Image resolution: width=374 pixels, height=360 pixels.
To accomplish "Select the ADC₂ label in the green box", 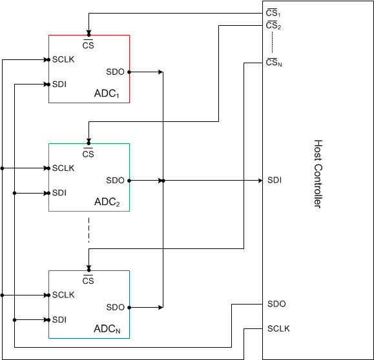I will (107, 203).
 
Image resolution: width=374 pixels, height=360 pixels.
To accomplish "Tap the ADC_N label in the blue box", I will (107, 330).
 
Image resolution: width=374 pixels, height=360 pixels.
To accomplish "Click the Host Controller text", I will (318, 174).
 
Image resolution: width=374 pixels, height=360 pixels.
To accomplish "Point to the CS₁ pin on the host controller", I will (273, 13).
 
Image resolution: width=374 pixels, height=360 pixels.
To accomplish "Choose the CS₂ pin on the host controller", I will (273, 25).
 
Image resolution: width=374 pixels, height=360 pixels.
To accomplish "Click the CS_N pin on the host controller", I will (274, 63).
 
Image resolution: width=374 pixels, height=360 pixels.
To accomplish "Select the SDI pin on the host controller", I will (274, 180).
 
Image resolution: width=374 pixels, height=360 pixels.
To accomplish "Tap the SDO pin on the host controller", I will (276, 304).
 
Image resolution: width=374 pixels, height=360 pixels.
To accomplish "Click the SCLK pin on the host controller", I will (278, 328).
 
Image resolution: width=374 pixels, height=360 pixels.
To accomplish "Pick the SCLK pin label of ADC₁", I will (63, 60).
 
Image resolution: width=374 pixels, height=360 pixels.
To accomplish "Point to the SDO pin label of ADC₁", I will (115, 72).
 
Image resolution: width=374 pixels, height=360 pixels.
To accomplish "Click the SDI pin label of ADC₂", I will (59, 192).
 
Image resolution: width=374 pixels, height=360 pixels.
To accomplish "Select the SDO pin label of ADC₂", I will (115, 180).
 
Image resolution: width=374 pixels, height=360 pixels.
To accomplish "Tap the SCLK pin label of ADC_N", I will (63, 295).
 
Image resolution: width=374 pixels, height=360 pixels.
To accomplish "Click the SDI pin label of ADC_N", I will (59, 319).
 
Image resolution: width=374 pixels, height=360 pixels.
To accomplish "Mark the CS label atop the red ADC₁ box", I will (88, 45).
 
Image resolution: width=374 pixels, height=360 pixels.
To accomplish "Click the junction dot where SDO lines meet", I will (163, 181).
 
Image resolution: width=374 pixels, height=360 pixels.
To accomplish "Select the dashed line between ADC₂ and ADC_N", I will (89, 230).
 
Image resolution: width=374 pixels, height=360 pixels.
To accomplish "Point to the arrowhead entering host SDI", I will (260, 181).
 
